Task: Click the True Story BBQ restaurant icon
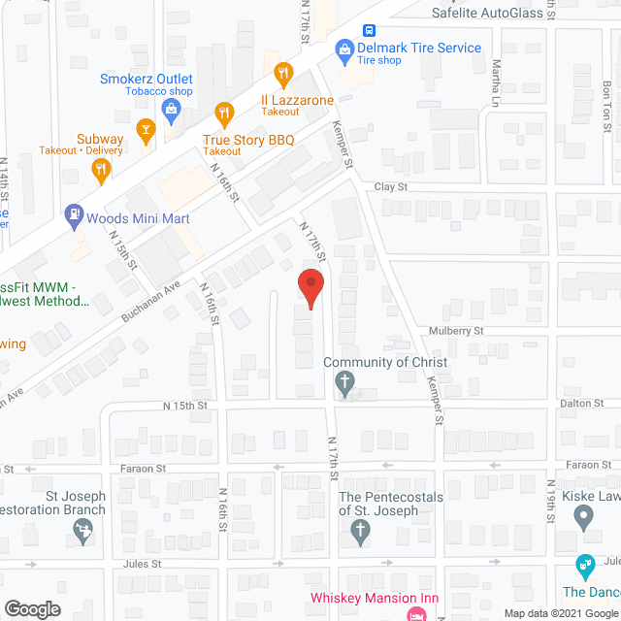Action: click(x=223, y=113)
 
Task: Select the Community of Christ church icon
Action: click(x=344, y=385)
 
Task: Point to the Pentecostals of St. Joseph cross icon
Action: click(x=359, y=531)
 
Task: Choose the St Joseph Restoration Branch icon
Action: click(x=83, y=531)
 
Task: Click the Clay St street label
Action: click(x=391, y=186)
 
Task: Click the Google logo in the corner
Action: click(x=31, y=608)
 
